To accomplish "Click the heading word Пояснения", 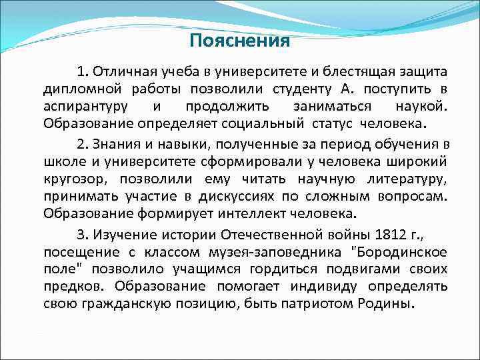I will click(x=239, y=41).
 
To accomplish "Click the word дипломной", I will click(x=75, y=89).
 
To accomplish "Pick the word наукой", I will click(x=422, y=106).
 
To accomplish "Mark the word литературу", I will click(x=407, y=179).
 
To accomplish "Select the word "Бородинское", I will click(x=399, y=251).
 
